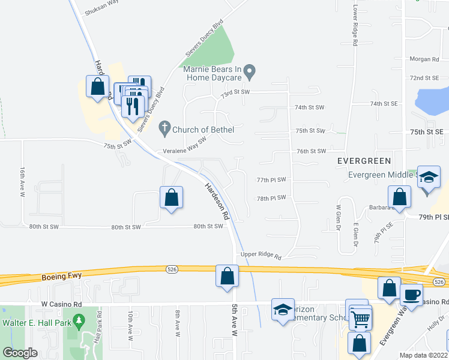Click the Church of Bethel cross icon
pos(164,128)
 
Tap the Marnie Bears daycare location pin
pos(252,73)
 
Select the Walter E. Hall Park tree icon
pos(79,322)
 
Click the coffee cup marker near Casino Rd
pos(411,295)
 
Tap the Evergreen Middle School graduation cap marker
pos(429,177)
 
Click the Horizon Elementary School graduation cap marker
pos(283,310)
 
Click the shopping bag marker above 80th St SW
pos(171,197)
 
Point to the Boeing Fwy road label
pos(62,277)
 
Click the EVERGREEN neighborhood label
pos(364,161)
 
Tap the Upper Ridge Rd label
pos(261,255)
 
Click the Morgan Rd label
pos(425,59)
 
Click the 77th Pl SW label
pos(271,179)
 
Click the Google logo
pos(20,353)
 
